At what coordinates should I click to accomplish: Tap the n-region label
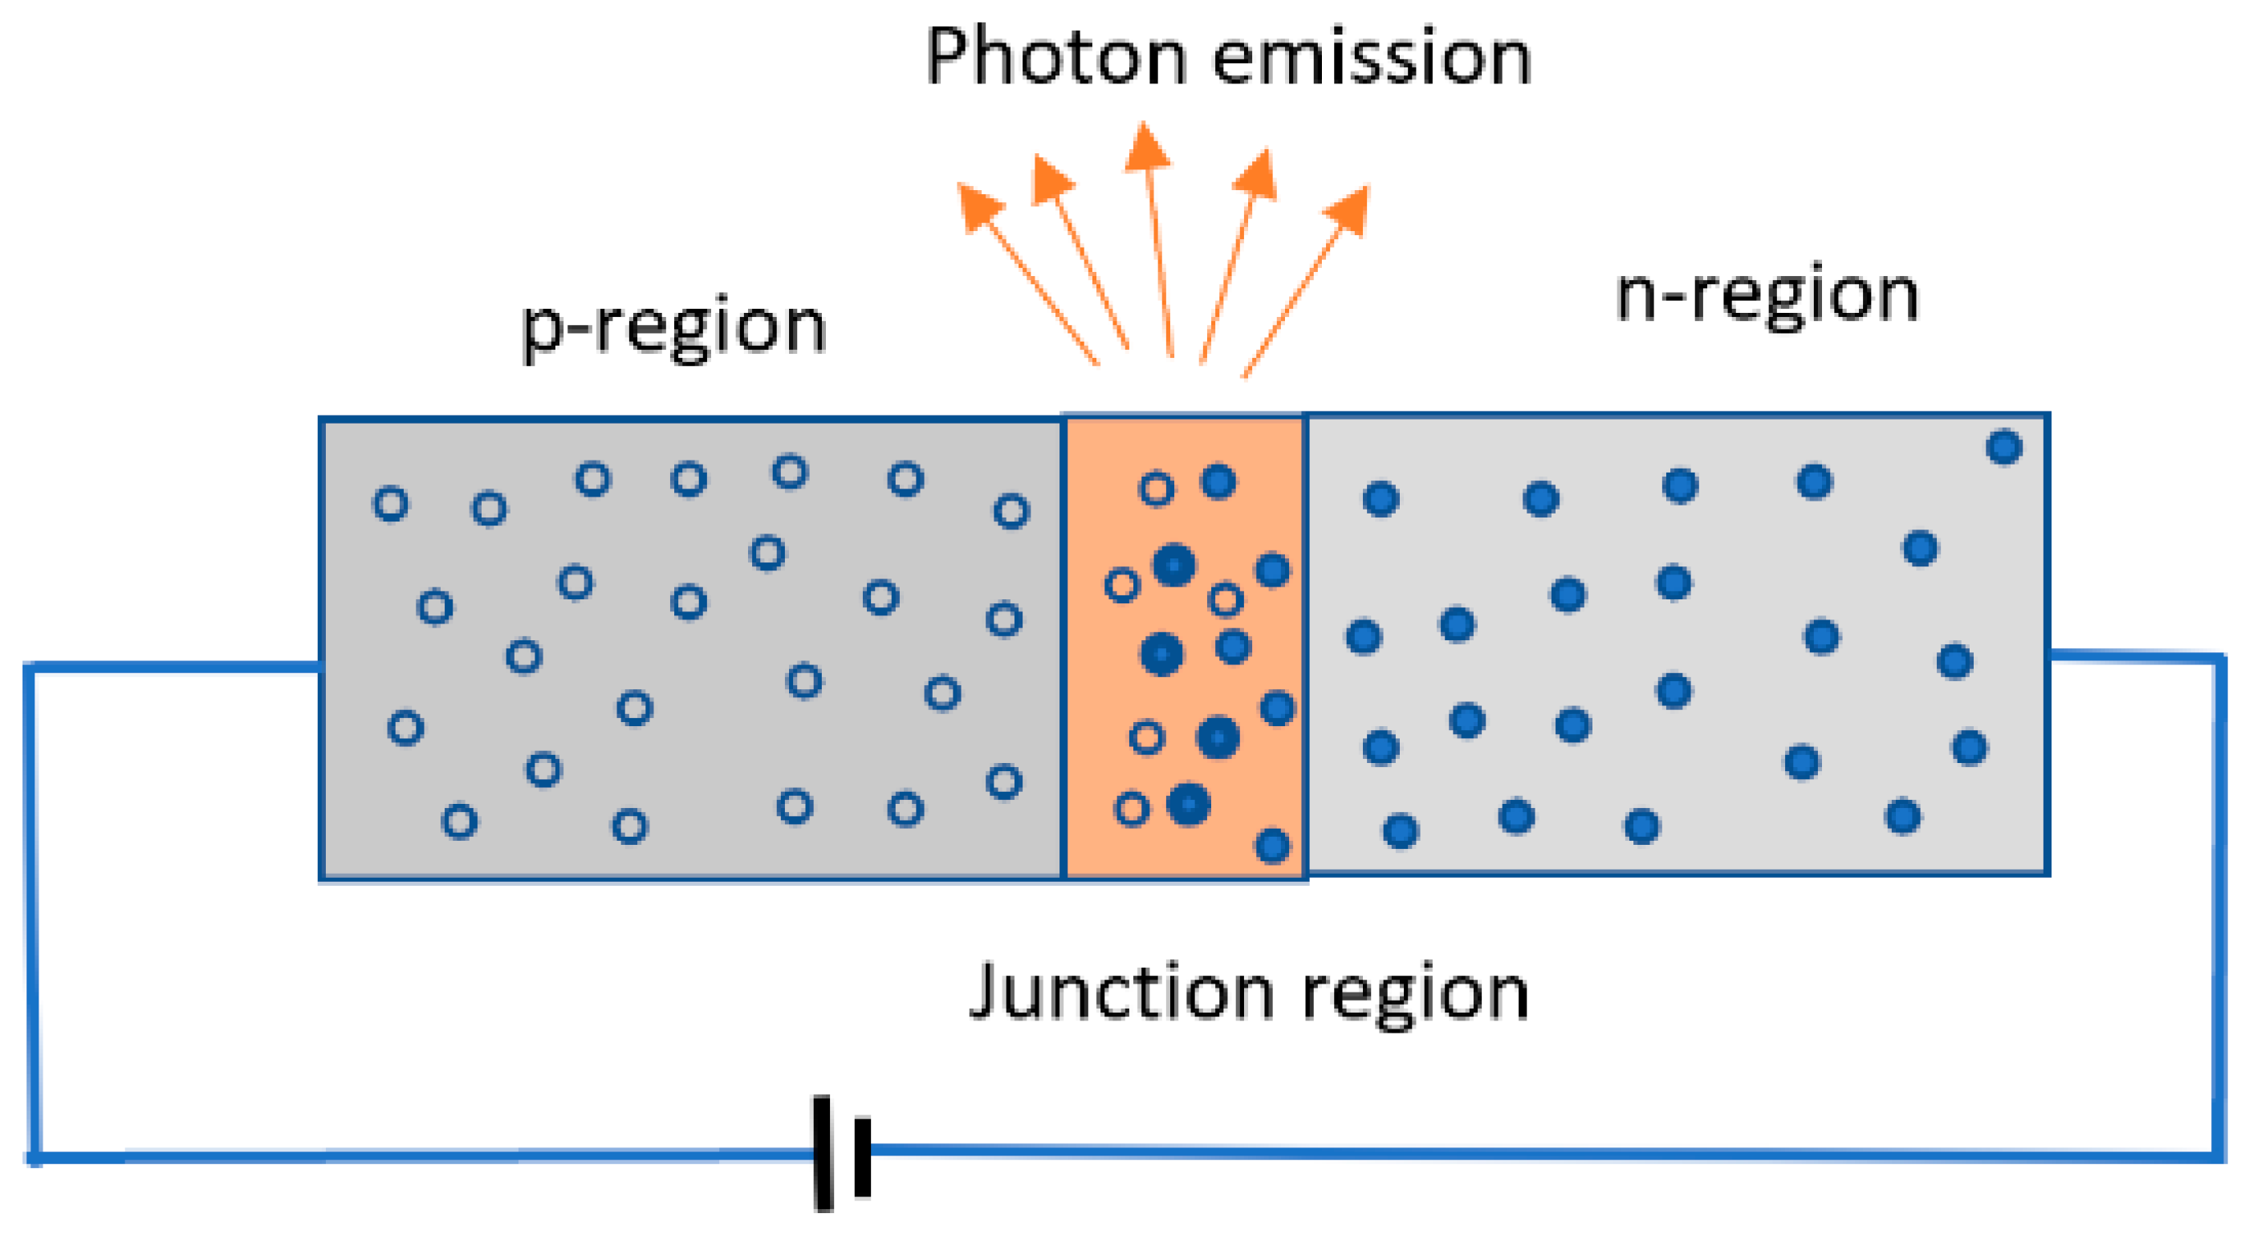[x=1767, y=294]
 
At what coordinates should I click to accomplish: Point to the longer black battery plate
[x=823, y=1153]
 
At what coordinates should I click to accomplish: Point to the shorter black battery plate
[x=862, y=1156]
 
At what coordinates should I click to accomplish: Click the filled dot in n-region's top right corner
[x=2003, y=447]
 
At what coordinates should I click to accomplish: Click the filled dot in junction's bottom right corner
[x=1271, y=846]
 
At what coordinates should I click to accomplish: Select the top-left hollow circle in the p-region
[x=390, y=504]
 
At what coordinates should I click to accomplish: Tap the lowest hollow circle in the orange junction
[x=1131, y=809]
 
